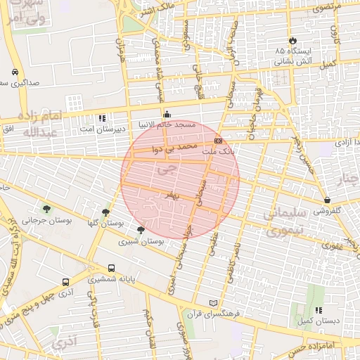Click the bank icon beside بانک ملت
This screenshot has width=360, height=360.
(x=219, y=141)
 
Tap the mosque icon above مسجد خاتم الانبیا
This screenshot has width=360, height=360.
(x=167, y=114)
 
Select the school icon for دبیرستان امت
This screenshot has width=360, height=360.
(x=102, y=118)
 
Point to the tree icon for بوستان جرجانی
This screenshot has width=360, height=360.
(x=46, y=208)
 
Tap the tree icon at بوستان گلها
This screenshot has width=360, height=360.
(x=105, y=211)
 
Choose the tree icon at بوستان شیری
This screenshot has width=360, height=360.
(x=141, y=230)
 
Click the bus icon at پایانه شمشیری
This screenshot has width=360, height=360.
(x=112, y=268)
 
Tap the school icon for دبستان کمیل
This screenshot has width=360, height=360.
(x=319, y=310)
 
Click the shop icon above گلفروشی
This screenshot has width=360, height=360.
(x=328, y=200)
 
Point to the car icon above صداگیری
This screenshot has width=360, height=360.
(x=15, y=72)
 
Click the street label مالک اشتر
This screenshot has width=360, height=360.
(x=156, y=9)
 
